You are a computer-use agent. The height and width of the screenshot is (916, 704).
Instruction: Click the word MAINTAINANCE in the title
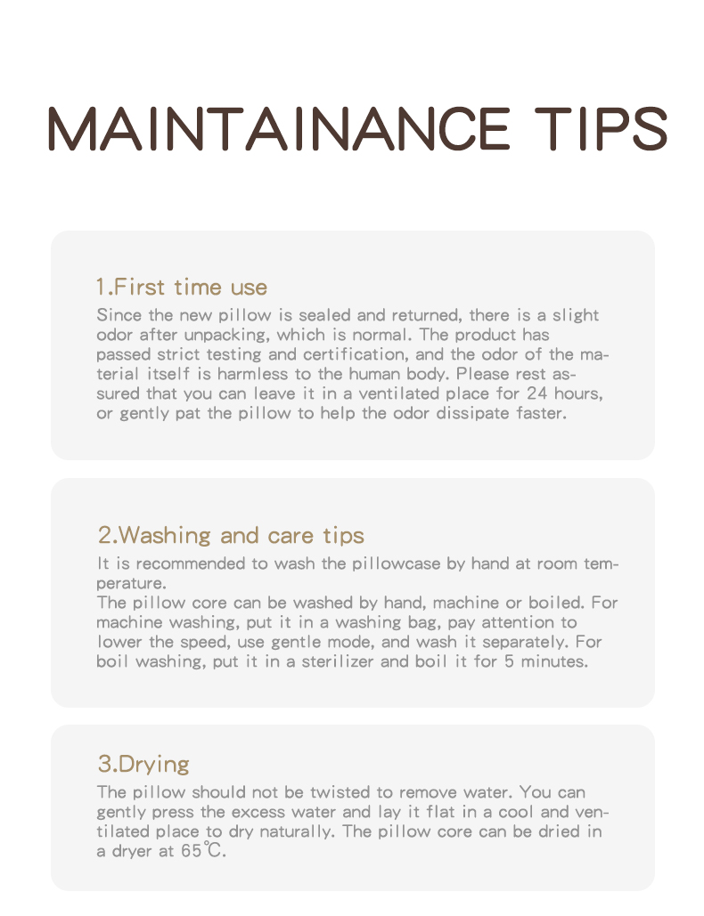coord(279,129)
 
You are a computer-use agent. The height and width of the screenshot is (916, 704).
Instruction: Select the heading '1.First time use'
coord(182,287)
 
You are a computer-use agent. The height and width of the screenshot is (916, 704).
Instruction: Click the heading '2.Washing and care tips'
coord(231,535)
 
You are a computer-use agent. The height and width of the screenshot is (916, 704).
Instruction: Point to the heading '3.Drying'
coord(143,764)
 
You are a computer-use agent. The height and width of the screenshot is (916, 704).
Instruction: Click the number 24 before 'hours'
coord(537,393)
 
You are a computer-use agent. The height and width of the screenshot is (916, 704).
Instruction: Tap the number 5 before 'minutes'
coord(510,661)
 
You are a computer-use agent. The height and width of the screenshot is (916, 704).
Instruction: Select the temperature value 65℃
coord(203,851)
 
